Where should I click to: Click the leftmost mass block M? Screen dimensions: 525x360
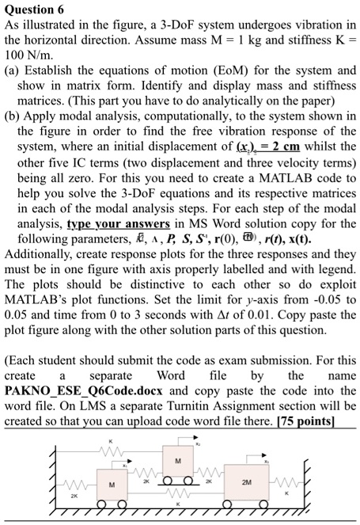coord(112,486)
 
